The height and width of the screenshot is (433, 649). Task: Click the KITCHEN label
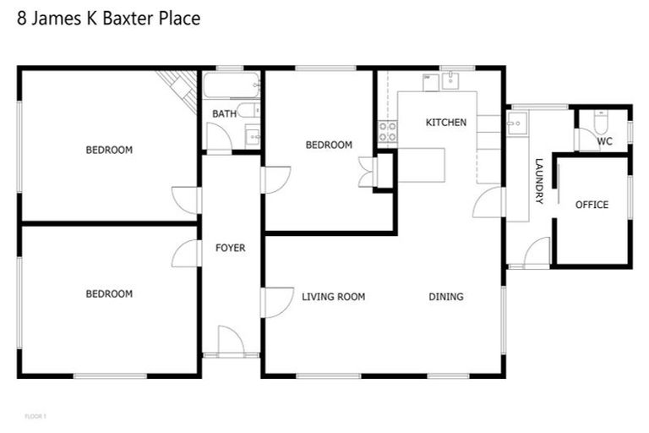[445, 123]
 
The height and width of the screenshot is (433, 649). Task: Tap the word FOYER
[231, 248]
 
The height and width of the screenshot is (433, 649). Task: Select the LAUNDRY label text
[538, 181]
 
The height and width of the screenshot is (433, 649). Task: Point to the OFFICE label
[592, 205]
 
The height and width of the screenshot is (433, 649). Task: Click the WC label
[605, 141]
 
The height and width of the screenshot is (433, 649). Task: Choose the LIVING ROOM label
[334, 297]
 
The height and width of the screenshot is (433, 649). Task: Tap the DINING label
[446, 297]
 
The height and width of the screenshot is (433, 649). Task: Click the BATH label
[224, 113]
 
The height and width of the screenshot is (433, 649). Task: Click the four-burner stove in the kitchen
[387, 131]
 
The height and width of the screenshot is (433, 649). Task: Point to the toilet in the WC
[602, 123]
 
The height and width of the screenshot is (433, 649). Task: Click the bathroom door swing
[218, 138]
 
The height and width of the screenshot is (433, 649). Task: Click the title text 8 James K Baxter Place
[109, 18]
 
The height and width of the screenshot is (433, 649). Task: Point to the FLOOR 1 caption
[35, 416]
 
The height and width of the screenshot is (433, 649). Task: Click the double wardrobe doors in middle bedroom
[368, 172]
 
